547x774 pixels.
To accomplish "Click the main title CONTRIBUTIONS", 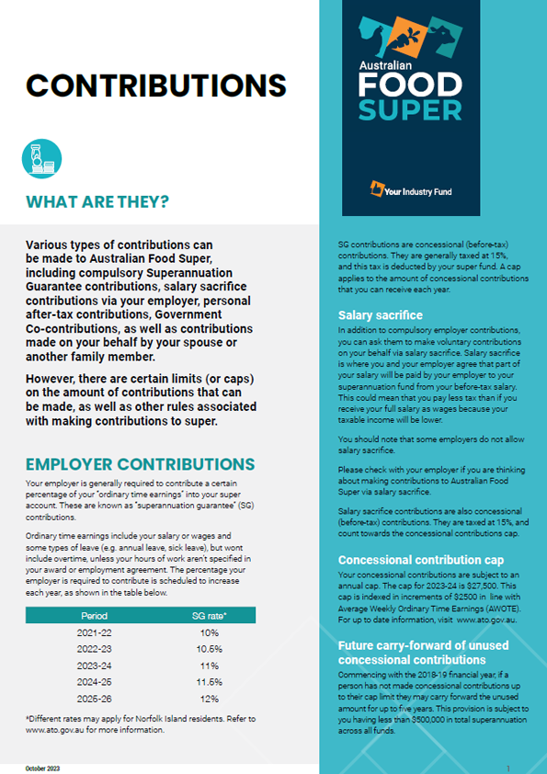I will [x=155, y=85].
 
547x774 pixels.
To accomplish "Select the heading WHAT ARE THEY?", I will [x=97, y=201].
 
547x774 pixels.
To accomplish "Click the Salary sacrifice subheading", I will [x=380, y=315].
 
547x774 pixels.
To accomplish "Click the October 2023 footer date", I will [x=42, y=767].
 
